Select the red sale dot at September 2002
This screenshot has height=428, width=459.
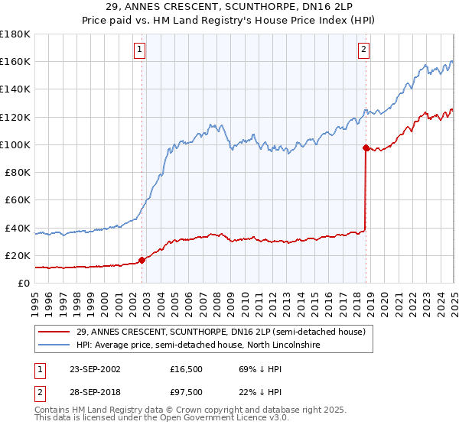142,260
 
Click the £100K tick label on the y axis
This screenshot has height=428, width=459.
15,144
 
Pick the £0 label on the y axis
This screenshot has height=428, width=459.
24,283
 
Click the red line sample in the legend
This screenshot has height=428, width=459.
54,332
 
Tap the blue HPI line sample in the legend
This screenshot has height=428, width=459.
54,345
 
